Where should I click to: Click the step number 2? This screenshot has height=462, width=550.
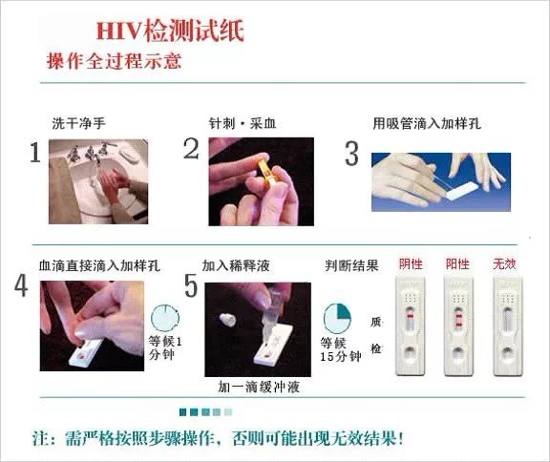point(191,149)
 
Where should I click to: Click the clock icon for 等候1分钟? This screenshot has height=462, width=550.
point(164,318)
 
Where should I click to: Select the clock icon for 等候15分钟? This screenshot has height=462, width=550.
point(336,318)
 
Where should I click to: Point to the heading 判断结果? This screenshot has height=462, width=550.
point(352,263)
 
